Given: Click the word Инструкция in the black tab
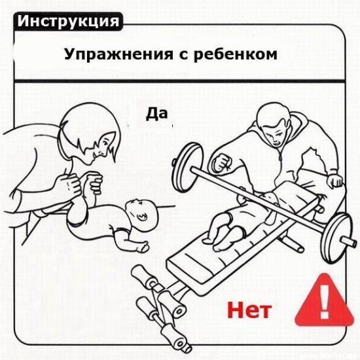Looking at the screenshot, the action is pos(68,22).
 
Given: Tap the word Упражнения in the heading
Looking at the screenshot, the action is pos(118,55).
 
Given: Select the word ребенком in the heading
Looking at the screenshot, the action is pos(236,54).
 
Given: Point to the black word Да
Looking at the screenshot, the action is pos(156,114).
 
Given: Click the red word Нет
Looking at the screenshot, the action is pos(249,310).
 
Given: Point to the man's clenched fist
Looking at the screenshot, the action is pos(221,162).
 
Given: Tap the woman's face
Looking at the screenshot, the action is pos(101,147).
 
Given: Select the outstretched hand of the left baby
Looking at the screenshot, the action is pos(143,247).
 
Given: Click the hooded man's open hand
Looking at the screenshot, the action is pos(334,181).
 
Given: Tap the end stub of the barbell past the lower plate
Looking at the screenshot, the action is pos(348,241).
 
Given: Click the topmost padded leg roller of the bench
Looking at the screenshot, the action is pos(144,278).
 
